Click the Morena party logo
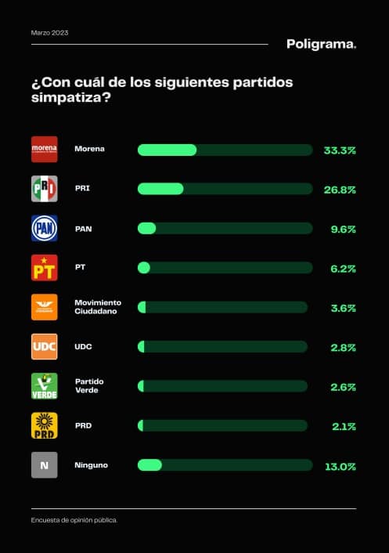[x=44, y=149]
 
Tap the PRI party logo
[x=44, y=189]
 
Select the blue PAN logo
[x=44, y=228]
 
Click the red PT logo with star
[x=44, y=268]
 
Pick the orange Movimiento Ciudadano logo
[x=44, y=307]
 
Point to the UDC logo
[x=44, y=346]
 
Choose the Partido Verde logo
[x=44, y=386]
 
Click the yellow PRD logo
[x=44, y=425]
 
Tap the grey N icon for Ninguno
[x=44, y=465]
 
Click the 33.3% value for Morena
[x=340, y=150]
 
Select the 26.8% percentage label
[x=340, y=189]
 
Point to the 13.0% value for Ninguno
[x=340, y=466]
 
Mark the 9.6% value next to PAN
[x=343, y=229]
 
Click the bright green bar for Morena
[x=167, y=150]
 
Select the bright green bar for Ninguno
[x=149, y=465]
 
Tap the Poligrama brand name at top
[x=321, y=44]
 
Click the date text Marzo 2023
[x=49, y=33]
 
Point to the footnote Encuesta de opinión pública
[x=74, y=520]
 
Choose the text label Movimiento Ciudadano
[x=97, y=307]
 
